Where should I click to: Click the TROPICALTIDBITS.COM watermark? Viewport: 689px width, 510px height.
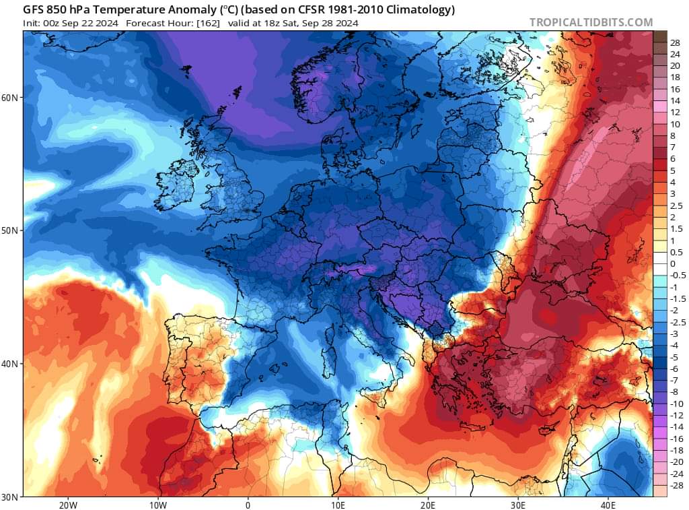coord(591,22)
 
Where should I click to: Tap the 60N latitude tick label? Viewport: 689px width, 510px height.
coord(11,98)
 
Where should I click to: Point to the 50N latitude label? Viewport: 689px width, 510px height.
coord(11,230)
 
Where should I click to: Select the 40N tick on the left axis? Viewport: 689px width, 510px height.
coord(11,364)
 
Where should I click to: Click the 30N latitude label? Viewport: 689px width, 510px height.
coord(11,497)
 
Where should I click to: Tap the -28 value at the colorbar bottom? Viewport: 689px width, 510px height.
coord(675,485)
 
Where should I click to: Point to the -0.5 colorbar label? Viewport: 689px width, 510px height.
coord(678,275)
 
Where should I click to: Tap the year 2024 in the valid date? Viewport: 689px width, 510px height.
coord(346,23)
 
